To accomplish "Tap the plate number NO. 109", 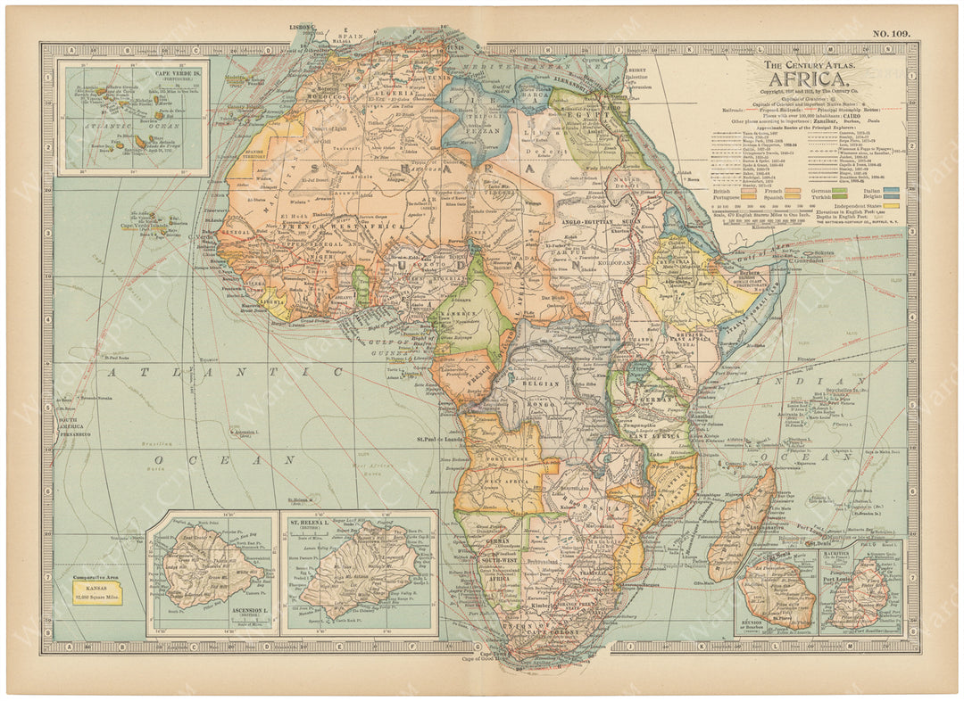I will coord(890,34).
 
